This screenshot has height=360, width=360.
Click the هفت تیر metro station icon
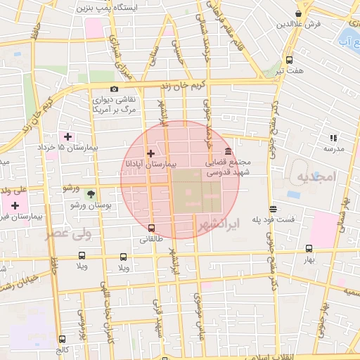click(290, 60)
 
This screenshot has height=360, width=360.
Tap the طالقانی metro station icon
click(151, 228)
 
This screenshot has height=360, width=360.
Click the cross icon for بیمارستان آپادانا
click(150, 153)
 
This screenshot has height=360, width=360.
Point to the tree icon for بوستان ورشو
click(90, 193)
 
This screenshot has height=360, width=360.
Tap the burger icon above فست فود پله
click(273, 208)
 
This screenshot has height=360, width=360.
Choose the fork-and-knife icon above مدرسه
click(333, 138)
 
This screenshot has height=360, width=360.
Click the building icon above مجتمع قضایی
click(228, 151)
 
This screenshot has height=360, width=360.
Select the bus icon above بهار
click(309, 248)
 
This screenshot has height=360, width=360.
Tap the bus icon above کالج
click(63, 338)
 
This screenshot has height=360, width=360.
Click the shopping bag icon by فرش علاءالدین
click(299, 13)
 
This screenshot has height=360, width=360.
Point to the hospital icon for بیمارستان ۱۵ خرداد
click(67, 136)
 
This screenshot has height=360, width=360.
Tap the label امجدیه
click(313, 174)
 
